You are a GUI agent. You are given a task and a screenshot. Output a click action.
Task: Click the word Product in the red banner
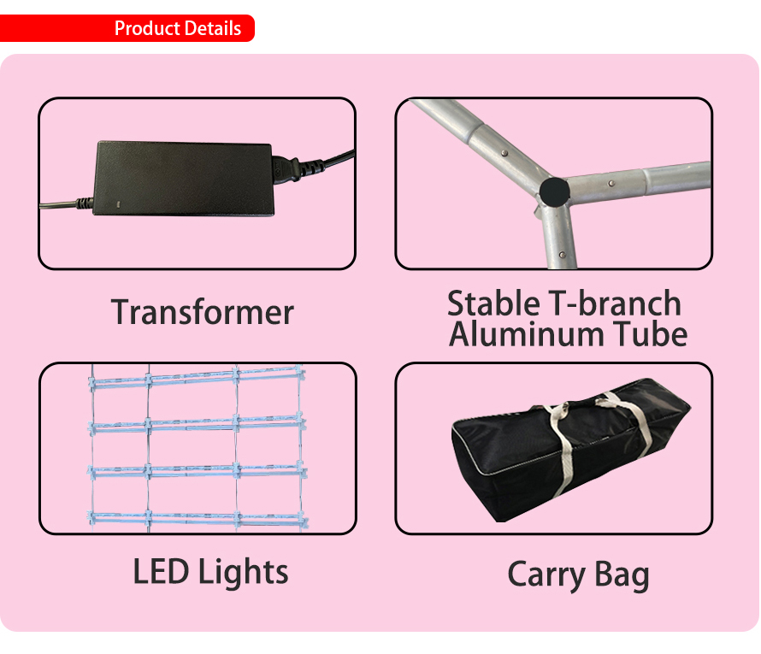point(147,28)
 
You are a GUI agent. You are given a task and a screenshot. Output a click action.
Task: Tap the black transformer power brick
point(183,179)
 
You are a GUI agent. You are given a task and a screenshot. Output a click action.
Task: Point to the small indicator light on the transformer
point(117,203)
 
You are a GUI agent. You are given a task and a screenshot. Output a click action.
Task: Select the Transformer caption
point(203,312)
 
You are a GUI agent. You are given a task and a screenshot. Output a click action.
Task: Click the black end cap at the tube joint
point(554,191)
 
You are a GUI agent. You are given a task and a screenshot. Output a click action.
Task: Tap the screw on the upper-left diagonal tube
point(504,153)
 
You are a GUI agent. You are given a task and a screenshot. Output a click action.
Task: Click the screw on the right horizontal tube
point(611,184)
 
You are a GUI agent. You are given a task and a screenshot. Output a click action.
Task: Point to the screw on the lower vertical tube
point(562,255)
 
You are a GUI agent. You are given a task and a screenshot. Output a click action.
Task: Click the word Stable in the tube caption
point(493,303)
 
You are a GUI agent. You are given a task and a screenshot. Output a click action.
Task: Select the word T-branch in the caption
point(615,303)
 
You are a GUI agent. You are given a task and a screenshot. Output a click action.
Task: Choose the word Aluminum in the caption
point(527,334)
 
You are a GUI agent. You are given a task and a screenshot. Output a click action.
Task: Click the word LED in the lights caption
point(161,572)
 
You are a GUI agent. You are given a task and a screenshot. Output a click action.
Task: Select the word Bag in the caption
point(622,576)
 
